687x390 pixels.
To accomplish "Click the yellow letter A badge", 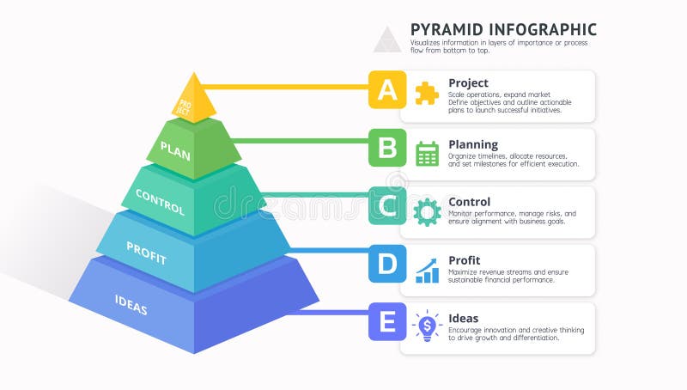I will pyautogui.click(x=387, y=89).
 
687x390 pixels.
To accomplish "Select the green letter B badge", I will pyautogui.click(x=387, y=148).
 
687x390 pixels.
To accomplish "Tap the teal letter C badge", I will pyautogui.click(x=387, y=206).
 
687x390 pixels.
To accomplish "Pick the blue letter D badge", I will pyautogui.click(x=387, y=264).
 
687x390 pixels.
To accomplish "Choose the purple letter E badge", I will pyautogui.click(x=387, y=322).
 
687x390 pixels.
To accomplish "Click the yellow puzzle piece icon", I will pyautogui.click(x=427, y=93).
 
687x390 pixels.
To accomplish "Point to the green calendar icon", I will pyautogui.click(x=427, y=153).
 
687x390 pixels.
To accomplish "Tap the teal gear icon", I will pyautogui.click(x=427, y=211).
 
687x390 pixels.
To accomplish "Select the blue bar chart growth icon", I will pyautogui.click(x=427, y=270).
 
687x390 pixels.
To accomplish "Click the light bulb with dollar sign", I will pyautogui.click(x=427, y=326).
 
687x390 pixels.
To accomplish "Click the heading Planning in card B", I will pyautogui.click(x=473, y=144).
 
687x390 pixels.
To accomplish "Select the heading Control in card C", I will pyautogui.click(x=470, y=202).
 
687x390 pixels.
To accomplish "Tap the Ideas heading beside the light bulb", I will pyautogui.click(x=464, y=318).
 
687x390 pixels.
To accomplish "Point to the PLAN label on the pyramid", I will pyautogui.click(x=175, y=151).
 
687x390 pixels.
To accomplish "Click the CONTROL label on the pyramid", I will pyautogui.click(x=160, y=203).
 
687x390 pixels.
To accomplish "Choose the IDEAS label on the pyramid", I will pyautogui.click(x=131, y=302).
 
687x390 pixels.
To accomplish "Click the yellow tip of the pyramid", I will pyautogui.click(x=192, y=96).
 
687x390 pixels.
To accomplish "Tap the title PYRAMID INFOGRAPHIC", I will pyautogui.click(x=503, y=29).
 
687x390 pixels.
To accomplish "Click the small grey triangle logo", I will pyautogui.click(x=387, y=40).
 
